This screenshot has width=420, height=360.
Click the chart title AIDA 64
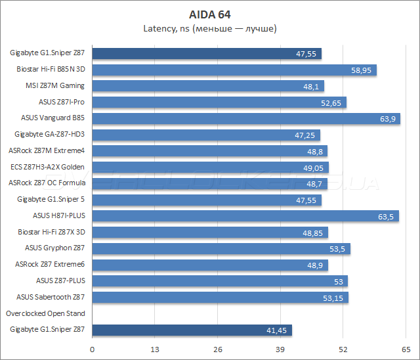coord(209,14)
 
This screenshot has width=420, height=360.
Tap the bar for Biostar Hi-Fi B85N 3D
coord(234,70)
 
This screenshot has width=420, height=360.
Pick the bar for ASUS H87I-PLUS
coord(245,216)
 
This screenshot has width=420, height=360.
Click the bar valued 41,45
coord(192,330)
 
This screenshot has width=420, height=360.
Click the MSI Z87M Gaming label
coord(56,85)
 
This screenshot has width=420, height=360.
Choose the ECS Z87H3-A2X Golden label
coord(48,167)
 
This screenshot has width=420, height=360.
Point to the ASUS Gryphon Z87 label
coord(54,248)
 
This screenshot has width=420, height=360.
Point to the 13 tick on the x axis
coord(156,349)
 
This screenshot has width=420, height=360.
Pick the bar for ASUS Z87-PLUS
coord(220,281)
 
